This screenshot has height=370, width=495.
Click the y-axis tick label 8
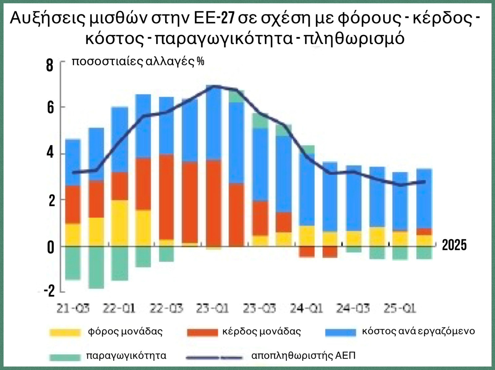49,66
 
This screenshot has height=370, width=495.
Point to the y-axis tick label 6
50,108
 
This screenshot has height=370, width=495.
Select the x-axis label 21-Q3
73,308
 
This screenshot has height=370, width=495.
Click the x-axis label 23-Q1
213,308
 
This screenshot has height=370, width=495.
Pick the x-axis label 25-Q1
400,308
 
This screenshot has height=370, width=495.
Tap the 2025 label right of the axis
454,245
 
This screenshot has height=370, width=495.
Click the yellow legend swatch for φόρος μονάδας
65,332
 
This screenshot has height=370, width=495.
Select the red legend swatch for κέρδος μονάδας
203,332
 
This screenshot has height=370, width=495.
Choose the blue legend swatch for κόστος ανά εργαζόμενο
341,332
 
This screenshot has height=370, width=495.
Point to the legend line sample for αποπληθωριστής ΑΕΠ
214,358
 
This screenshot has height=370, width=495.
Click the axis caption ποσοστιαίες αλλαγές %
138,61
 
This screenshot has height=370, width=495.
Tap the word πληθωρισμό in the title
354,39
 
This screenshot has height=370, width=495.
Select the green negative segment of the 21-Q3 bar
73,263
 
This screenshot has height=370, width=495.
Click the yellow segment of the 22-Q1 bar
120,223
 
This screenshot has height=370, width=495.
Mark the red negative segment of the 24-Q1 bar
307,252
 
